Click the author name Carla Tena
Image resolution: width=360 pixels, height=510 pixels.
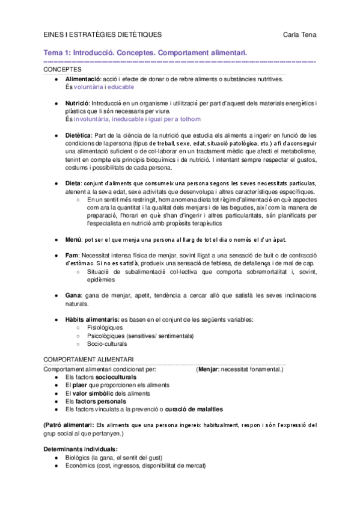tap(299, 35)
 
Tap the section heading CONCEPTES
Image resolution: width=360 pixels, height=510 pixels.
tap(62, 70)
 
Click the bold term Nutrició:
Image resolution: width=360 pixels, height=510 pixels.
tap(78, 104)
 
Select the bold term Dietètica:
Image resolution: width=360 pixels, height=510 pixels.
tap(79, 136)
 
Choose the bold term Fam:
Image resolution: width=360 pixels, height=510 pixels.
tap(72, 256)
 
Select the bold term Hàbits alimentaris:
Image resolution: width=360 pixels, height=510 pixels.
tap(92, 319)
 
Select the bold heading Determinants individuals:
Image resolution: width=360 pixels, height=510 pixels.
tap(81, 449)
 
